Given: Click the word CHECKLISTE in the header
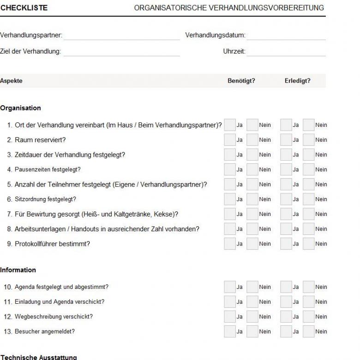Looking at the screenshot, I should pos(24,8).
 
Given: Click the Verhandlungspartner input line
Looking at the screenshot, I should pos(121,36).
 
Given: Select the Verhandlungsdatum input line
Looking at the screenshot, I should pos(286,36).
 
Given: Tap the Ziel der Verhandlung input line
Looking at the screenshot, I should pos(121,52).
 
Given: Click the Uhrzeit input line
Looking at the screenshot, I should pos(286,52).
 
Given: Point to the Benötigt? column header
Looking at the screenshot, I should pos(241,81).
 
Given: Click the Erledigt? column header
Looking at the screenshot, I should pos(298,81).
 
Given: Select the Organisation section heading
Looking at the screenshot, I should pos(20,108).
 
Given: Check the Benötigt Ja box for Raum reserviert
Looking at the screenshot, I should pos(229,140).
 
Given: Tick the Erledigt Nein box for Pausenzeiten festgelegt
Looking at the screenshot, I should pos(308,169).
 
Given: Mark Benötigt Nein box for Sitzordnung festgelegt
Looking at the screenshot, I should pos(252,199).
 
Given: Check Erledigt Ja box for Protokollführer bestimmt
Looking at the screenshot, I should pos(286,244).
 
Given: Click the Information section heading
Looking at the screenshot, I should pos(18,270).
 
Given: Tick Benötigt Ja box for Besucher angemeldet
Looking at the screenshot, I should pos(229,331).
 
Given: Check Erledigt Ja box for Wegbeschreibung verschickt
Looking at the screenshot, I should pos(286,317).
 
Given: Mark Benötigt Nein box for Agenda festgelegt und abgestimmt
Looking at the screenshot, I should pos(252,287).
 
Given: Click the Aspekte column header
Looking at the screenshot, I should pos(11,81).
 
